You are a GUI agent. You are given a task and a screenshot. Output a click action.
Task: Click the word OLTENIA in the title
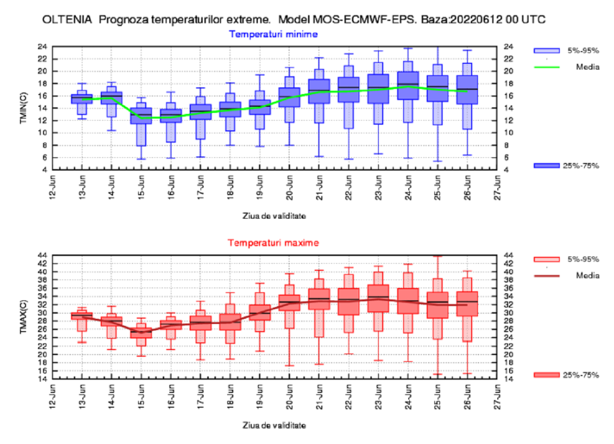[67, 19]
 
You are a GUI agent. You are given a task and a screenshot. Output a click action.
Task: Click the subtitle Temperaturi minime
[274, 34]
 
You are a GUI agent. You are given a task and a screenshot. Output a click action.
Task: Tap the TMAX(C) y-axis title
[24, 317]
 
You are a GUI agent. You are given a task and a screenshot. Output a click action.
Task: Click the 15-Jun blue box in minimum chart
[141, 116]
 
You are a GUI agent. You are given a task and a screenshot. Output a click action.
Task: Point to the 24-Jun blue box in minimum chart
[408, 85]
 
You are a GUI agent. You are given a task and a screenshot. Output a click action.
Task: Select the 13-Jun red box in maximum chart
[82, 316]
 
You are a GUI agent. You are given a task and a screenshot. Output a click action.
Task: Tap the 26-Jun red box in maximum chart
[467, 303]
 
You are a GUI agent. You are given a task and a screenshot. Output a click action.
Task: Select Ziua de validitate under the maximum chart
[274, 425]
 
